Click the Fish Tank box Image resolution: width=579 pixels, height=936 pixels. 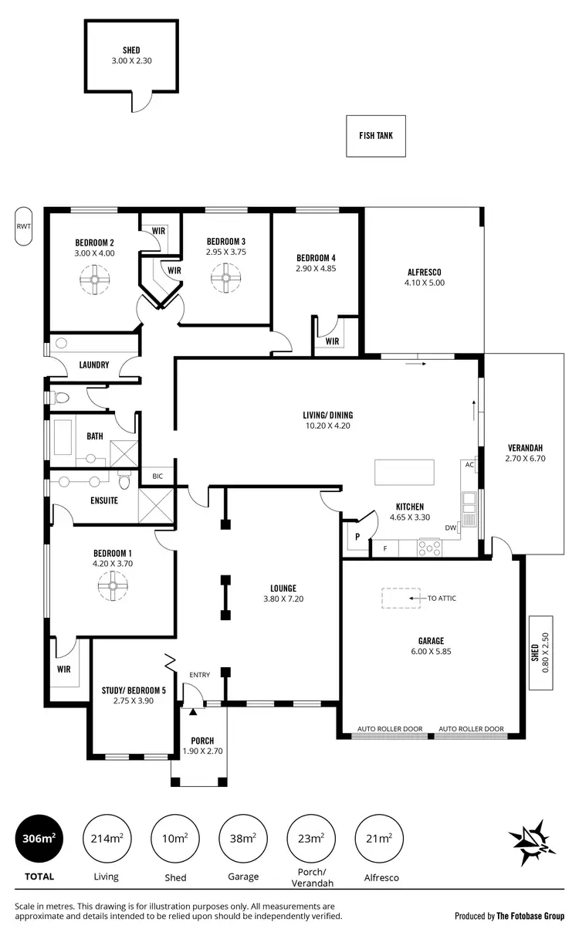click(376, 135)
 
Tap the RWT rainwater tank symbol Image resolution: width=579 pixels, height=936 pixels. click(23, 226)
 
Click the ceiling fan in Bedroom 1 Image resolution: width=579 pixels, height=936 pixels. click(113, 591)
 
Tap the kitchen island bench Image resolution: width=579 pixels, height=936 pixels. click(404, 470)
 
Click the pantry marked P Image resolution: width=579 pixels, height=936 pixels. click(357, 536)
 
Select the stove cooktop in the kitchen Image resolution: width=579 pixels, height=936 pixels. click(428, 548)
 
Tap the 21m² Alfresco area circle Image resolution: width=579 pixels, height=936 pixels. click(376, 840)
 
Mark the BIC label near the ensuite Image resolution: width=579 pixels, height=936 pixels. click(158, 476)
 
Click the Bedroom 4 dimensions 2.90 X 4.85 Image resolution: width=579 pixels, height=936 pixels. click(316, 269)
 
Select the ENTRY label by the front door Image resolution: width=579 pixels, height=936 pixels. click(199, 675)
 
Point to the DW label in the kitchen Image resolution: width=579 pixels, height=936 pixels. click(450, 527)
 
